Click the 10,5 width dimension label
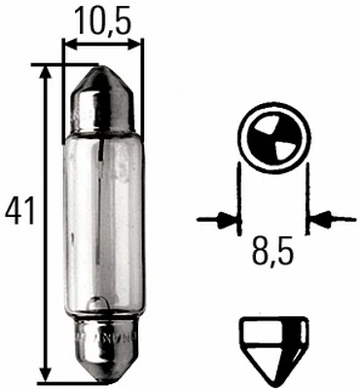click(101, 18)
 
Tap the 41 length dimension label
click(19, 209)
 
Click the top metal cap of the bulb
click(101, 97)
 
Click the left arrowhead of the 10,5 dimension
click(69, 44)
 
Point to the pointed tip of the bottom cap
click(101, 380)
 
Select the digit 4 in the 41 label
click(13, 209)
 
